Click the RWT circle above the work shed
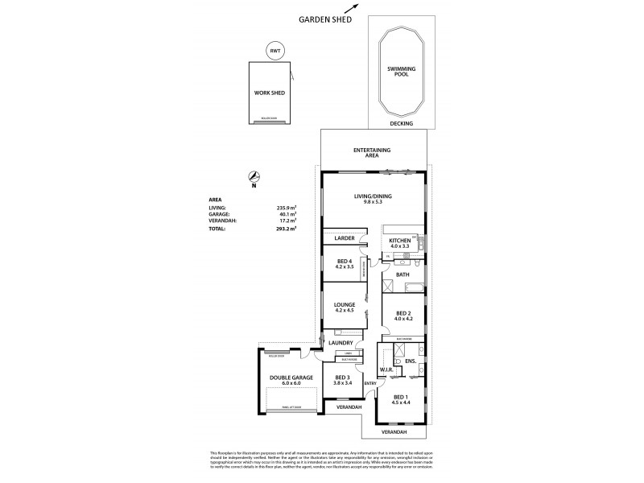pos(275,51)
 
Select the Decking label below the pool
pos(401,124)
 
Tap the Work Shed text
pos(269,93)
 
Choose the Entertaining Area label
pos(372,153)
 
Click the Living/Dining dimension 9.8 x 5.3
pos(372,202)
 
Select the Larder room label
pos(341,238)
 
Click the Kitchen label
pos(400,240)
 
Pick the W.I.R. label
pos(385,371)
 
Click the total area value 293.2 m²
pos(286,229)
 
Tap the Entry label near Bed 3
pos(370,383)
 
